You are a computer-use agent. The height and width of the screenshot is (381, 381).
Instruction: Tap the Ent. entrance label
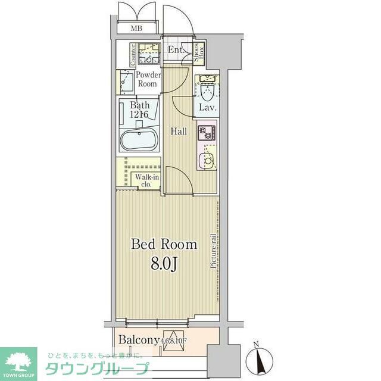tap(175, 50)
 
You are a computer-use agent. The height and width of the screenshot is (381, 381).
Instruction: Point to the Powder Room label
tap(147, 80)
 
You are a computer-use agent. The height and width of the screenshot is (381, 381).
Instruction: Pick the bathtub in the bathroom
tap(139, 140)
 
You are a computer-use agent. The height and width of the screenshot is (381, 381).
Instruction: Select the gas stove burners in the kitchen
tap(207, 133)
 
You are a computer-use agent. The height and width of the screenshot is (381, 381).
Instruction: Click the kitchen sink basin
tap(207, 160)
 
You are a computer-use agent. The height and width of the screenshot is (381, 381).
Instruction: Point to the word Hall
tap(180, 132)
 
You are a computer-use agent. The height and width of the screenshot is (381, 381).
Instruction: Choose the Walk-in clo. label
tap(146, 180)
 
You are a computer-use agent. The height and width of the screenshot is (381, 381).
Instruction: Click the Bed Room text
tap(164, 244)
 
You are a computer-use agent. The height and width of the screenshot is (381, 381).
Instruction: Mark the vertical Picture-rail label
tap(213, 252)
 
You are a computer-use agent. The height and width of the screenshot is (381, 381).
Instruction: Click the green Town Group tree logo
tap(18, 361)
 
